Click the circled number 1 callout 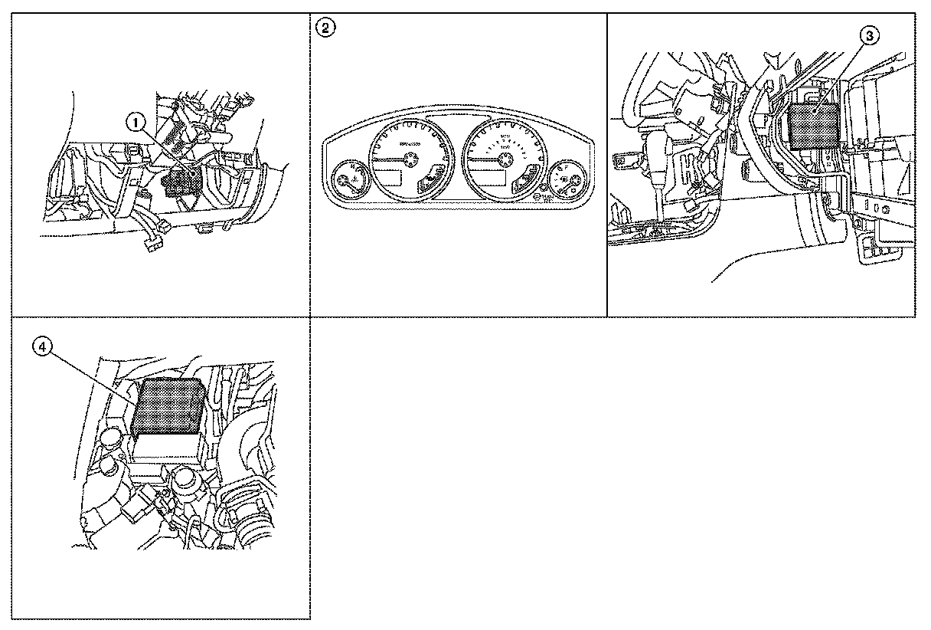point(136,121)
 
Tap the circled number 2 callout point(325,28)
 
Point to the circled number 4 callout point(43,347)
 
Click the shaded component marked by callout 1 point(181,183)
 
